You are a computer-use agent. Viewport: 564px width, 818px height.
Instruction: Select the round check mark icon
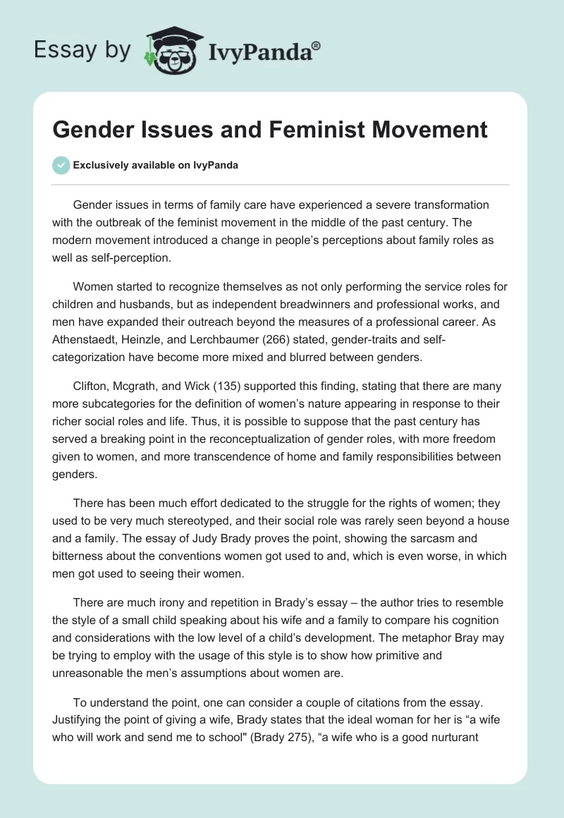(61, 165)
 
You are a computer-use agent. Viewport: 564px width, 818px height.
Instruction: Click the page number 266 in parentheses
(290, 341)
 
